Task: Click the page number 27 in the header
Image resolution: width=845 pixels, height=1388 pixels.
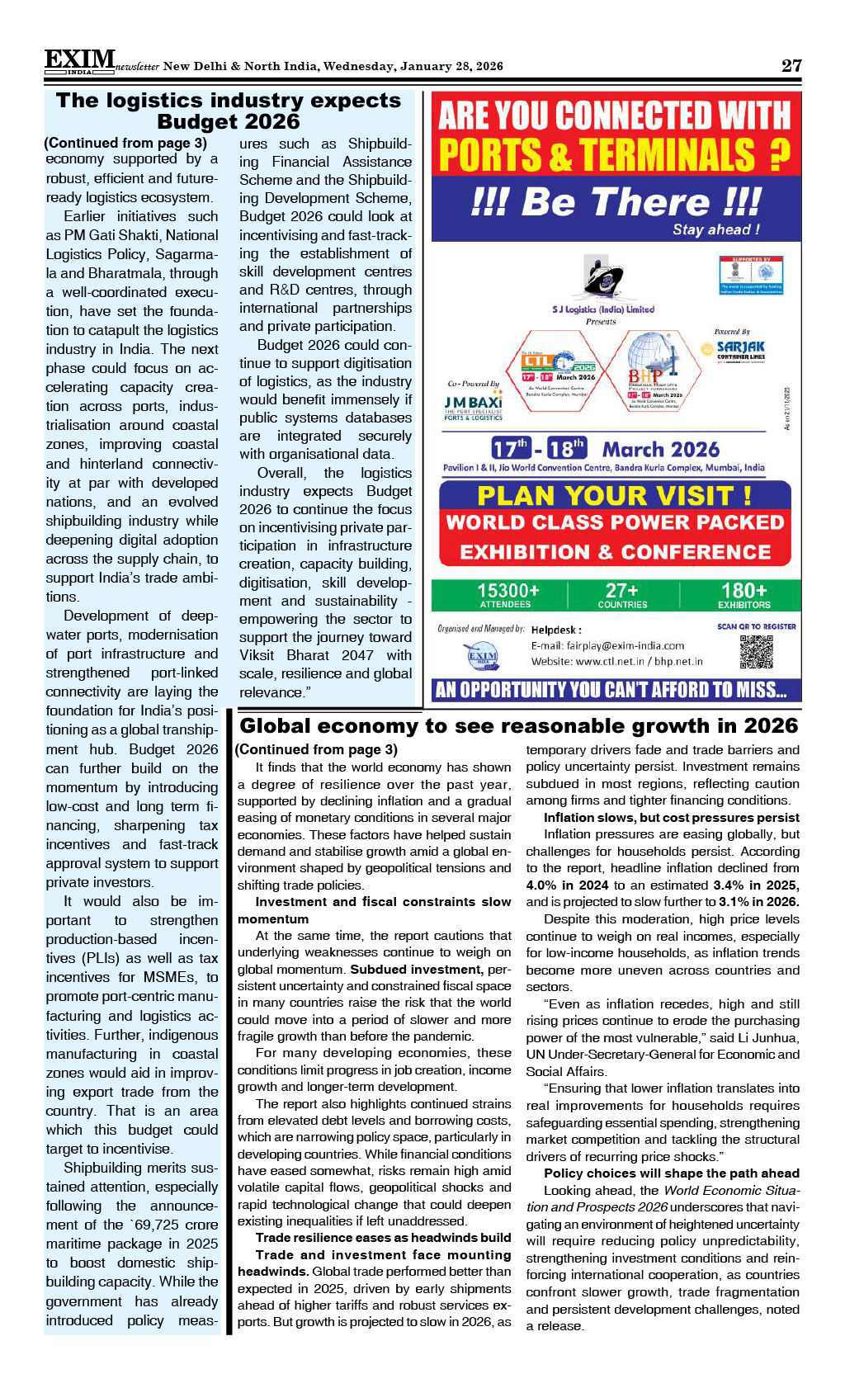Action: [791, 65]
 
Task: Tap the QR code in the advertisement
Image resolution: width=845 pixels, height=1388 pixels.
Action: [756, 652]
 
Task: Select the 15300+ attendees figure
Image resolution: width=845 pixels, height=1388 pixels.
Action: [507, 594]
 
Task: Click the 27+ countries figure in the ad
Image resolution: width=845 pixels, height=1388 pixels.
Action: [622, 594]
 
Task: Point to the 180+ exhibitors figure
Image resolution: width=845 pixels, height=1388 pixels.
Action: [744, 594]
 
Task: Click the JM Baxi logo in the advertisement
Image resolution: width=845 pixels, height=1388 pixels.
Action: [473, 406]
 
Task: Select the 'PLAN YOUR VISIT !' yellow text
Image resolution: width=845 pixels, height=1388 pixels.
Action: [614, 495]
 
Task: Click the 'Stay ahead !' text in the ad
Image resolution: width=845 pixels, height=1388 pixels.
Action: [715, 229]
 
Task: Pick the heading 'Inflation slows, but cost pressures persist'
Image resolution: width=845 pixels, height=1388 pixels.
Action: [671, 817]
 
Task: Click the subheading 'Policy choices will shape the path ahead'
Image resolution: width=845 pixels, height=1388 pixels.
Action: [671, 1173]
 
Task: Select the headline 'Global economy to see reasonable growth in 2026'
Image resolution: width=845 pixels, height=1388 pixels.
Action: [518, 725]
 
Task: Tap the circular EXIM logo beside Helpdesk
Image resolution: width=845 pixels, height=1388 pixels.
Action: [482, 657]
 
